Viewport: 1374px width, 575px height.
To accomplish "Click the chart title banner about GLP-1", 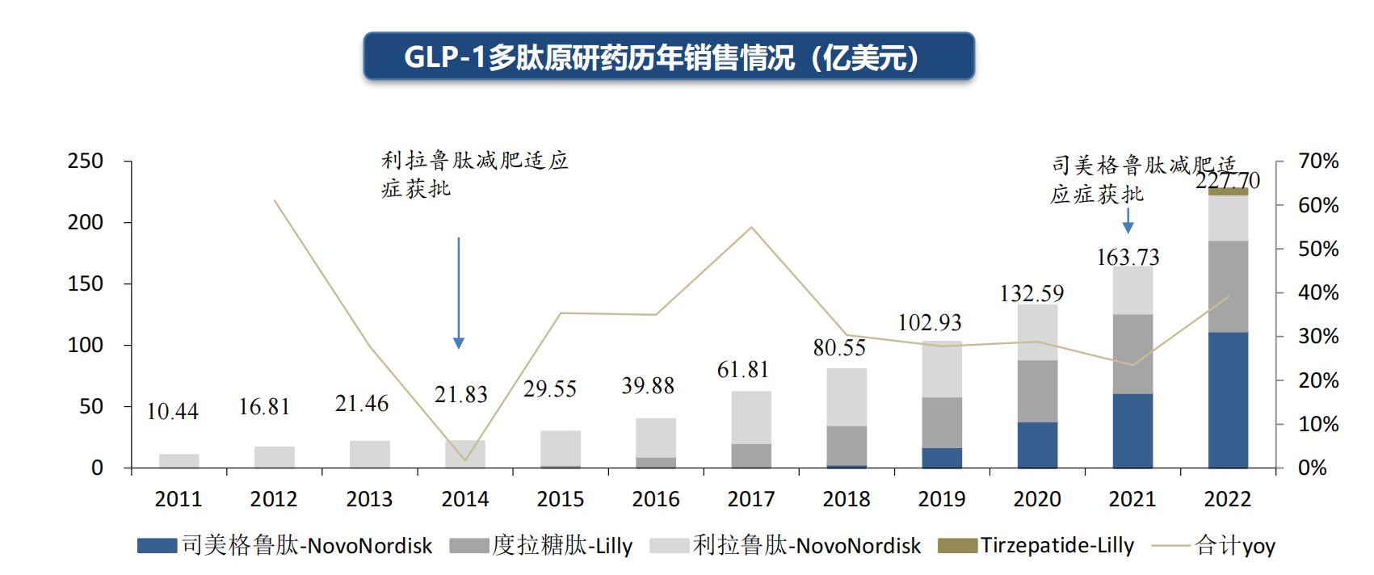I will pyautogui.click(x=669, y=57).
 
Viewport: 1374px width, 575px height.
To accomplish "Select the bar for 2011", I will pyautogui.click(x=179, y=461).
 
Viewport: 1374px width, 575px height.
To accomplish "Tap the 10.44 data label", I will pyautogui.click(x=172, y=412).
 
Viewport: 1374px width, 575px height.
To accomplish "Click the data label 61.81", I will pyautogui.click(x=743, y=370).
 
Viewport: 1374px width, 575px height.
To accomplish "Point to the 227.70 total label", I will pyautogui.click(x=1227, y=180).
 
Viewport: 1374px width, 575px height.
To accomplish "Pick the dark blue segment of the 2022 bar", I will pyautogui.click(x=1228, y=400).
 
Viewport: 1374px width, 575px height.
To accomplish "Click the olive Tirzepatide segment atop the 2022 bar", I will pyautogui.click(x=1228, y=191).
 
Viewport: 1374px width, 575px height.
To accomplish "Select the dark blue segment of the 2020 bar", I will pyautogui.click(x=1037, y=445).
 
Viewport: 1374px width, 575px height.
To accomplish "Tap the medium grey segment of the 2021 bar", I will pyautogui.click(x=1132, y=354).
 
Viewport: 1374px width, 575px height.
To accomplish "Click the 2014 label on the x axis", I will pyautogui.click(x=464, y=499).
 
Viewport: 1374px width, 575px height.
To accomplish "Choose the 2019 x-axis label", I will pyautogui.click(x=942, y=499).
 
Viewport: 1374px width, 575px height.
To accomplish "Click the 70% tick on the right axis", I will pyautogui.click(x=1317, y=161).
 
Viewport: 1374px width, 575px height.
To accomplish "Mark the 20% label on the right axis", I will pyautogui.click(x=1317, y=380).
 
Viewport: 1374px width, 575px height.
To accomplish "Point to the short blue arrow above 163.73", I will pyautogui.click(x=1128, y=221).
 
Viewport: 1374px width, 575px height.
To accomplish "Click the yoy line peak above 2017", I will pyautogui.click(x=751, y=228).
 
